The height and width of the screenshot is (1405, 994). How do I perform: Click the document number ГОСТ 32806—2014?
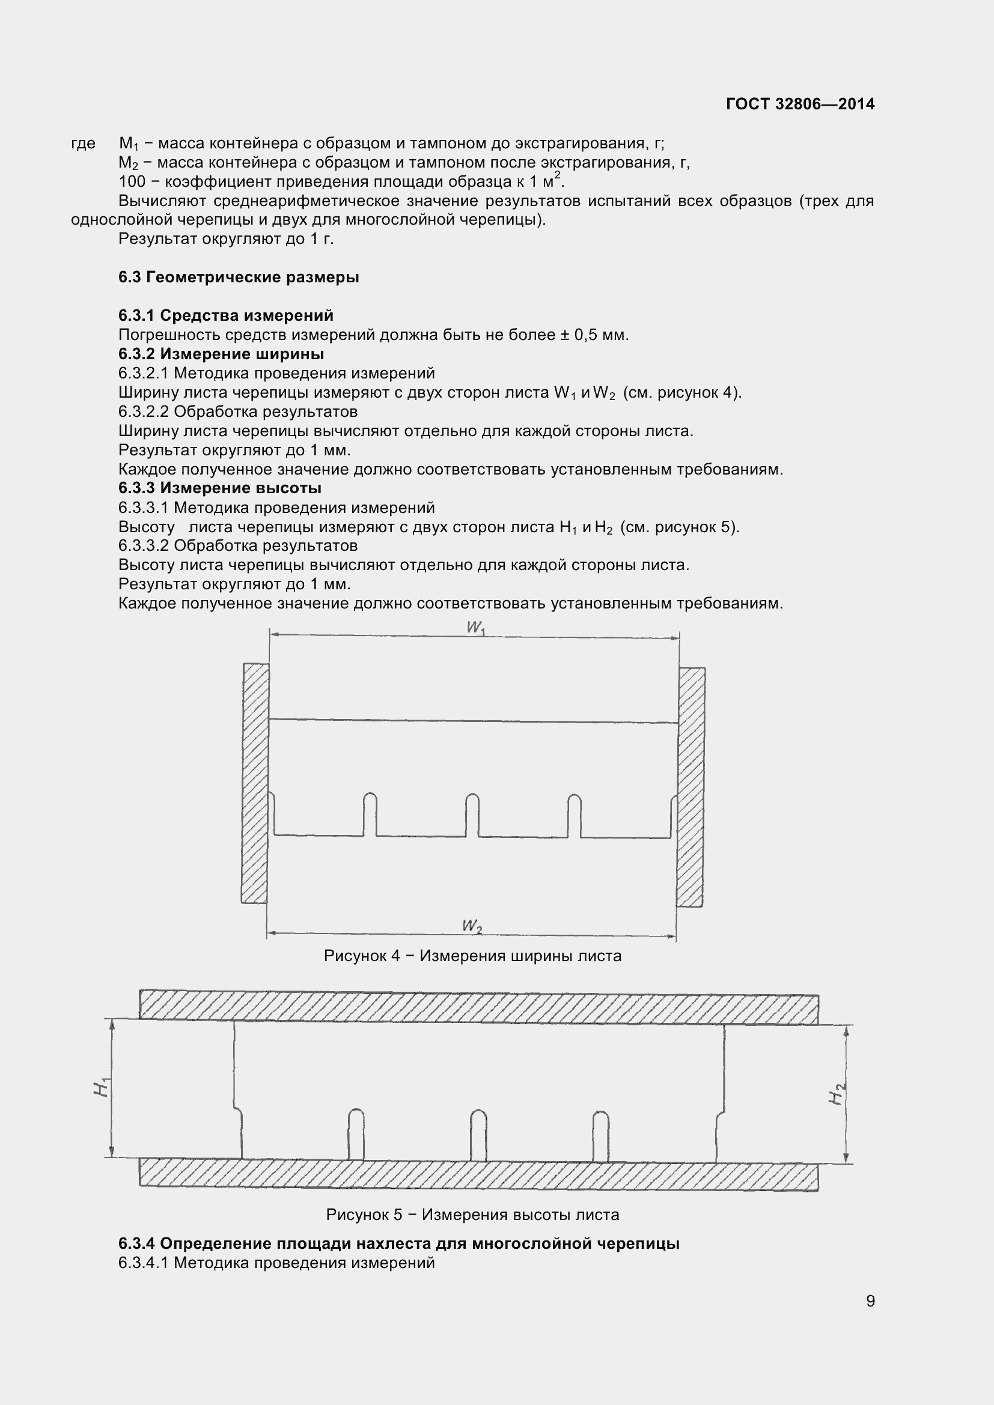tap(800, 104)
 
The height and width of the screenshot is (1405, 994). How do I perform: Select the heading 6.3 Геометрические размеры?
tap(239, 277)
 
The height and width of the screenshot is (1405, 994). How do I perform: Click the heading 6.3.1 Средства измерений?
tap(226, 316)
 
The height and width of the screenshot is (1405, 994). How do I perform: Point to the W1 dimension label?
tap(475, 628)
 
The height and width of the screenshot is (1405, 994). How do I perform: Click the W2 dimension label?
tap(472, 926)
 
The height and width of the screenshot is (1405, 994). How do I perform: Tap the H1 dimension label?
tap(101, 1087)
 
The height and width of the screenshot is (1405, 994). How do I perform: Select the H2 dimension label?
tap(837, 1093)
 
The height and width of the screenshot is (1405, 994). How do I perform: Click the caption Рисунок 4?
tap(472, 956)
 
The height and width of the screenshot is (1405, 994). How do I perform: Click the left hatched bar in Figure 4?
tap(255, 783)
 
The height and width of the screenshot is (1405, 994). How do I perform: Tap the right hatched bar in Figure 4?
tap(691, 786)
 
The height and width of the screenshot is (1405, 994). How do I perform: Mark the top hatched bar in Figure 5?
tap(478, 1006)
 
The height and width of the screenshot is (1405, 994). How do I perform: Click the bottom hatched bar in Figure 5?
tap(478, 1174)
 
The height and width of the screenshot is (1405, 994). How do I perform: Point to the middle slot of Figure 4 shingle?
tap(472, 815)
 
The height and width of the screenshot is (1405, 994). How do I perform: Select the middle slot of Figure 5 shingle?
tap(478, 1135)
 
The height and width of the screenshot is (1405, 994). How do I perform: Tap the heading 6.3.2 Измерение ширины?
tap(221, 354)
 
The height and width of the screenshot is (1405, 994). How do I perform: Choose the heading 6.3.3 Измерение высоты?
tap(220, 488)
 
